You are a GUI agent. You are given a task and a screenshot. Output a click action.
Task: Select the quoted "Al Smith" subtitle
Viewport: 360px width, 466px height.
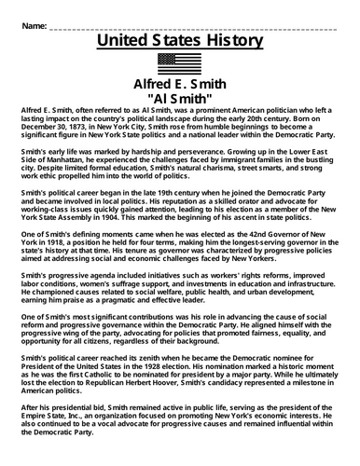click(x=179, y=96)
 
